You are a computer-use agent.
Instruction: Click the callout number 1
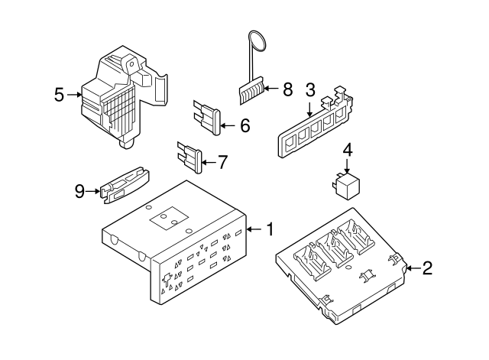270,228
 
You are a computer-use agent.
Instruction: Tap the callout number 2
427,268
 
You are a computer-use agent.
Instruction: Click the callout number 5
60,95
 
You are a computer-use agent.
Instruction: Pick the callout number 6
244,125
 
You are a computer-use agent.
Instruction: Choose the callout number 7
222,162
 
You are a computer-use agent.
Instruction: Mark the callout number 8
287,90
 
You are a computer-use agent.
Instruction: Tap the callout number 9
80,191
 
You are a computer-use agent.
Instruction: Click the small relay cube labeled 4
345,183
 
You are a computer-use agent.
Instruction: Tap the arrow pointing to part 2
410,268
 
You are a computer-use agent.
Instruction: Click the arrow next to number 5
74,95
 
